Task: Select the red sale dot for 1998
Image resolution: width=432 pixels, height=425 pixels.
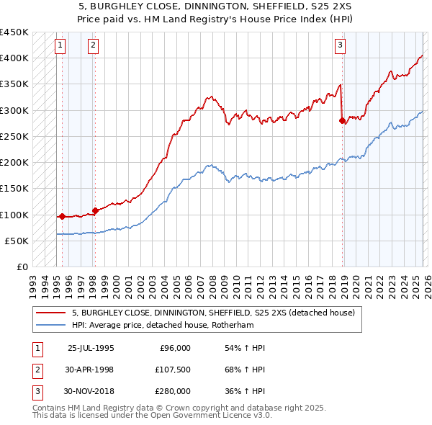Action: (x=95, y=210)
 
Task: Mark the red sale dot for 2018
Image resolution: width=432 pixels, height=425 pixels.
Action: (x=342, y=121)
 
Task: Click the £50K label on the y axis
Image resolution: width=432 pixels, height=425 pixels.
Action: (x=17, y=241)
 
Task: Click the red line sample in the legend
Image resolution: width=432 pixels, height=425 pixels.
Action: (x=52, y=313)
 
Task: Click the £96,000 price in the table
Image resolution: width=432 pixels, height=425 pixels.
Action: (x=174, y=348)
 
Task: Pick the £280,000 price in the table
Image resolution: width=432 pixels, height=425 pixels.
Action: (x=172, y=391)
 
